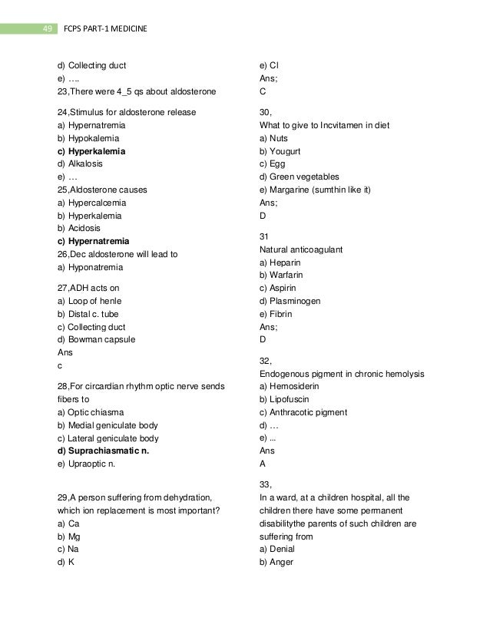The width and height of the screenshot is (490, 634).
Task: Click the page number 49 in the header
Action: tap(48, 29)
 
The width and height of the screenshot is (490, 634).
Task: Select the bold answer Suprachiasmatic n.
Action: tap(103, 451)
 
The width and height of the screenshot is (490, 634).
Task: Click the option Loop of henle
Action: tap(88, 301)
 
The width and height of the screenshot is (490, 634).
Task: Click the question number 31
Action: tap(265, 237)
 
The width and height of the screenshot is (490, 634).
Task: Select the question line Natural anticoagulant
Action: tap(301, 250)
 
